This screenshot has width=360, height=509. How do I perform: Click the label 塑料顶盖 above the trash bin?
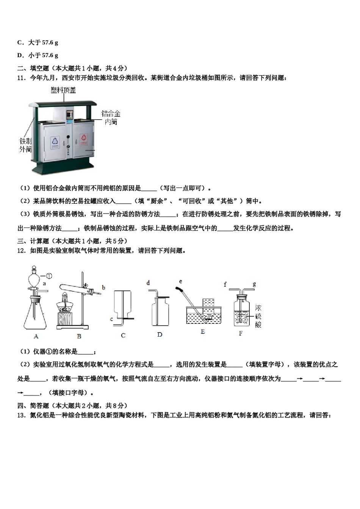point(64,90)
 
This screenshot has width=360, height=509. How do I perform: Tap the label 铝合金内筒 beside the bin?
point(111,117)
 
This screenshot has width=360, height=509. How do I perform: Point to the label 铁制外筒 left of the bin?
point(25,145)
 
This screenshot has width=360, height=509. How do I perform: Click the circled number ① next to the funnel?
point(49,276)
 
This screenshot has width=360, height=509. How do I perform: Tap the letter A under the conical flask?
point(36,336)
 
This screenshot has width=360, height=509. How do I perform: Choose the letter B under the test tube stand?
point(79,336)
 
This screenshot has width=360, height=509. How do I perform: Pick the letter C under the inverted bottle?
point(123,336)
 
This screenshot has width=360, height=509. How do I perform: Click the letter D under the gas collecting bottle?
point(160,335)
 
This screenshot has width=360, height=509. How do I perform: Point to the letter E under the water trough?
point(203,332)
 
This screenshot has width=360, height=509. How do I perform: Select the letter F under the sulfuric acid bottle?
point(241,334)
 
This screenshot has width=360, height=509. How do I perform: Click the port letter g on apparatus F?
point(254,284)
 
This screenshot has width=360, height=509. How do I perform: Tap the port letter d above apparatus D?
point(148,283)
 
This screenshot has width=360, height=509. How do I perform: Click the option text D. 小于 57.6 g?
point(38,55)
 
